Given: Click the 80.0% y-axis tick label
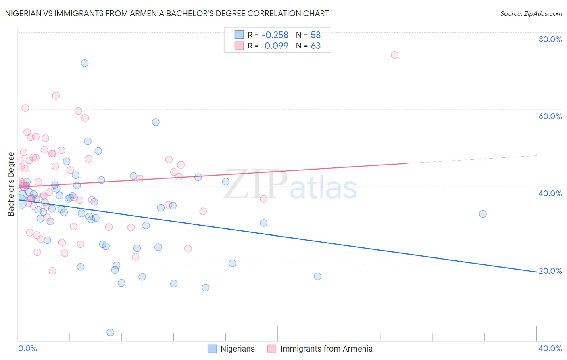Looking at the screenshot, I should coord(550,39).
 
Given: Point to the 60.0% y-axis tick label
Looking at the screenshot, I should coord(550,116).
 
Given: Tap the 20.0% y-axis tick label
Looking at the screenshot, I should coord(550,271).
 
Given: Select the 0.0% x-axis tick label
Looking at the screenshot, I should coord(27,348).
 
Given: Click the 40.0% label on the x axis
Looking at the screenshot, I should coord(550,348).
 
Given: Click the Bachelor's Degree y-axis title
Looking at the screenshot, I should coord(11,184).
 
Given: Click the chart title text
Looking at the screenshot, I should coord(167,13).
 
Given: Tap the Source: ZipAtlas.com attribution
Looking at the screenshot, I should coord(531,13).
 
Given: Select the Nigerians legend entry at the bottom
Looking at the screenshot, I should coord(231,349).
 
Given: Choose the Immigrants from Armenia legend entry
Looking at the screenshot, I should coord(320,349).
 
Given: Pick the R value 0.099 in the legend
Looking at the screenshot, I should coord(276,46).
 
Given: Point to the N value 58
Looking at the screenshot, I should coord(315,35).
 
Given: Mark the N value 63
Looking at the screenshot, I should coord(315,46).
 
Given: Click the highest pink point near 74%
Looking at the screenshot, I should coord(394,55).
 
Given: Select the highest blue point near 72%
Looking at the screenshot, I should coord(84,63).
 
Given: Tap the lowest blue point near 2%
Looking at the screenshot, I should coord(110,333).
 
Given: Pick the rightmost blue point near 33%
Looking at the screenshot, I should coord(483,214).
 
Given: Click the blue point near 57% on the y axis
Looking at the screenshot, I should coord(156,122).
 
